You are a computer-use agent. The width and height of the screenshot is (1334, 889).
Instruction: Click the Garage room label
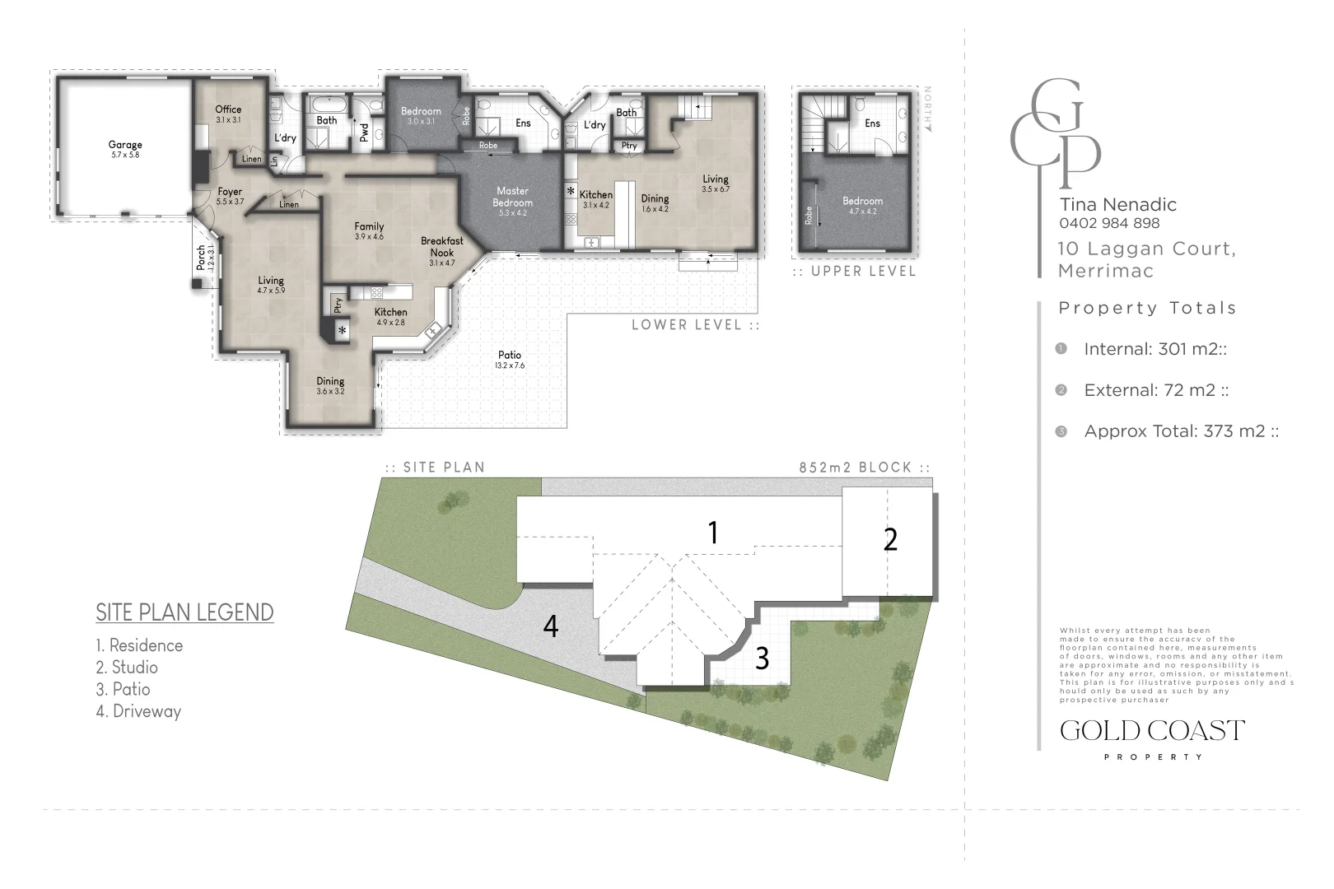[125, 146]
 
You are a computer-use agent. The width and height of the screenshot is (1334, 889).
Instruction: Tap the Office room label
[228, 109]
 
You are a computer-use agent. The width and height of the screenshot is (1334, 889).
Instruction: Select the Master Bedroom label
[512, 197]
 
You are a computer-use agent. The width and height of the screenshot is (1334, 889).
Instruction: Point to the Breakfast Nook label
[441, 247]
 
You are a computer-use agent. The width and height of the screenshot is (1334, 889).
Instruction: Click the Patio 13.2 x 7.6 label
[509, 356]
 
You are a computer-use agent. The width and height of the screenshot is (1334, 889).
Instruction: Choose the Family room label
[369, 227]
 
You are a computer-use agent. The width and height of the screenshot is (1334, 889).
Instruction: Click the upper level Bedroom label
[862, 202]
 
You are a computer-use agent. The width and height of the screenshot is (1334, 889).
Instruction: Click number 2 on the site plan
[890, 540]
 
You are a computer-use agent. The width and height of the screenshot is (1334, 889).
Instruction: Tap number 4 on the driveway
[551, 626]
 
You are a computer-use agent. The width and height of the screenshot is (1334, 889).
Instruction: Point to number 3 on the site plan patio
[763, 659]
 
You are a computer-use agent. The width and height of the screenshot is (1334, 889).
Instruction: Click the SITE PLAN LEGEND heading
[184, 612]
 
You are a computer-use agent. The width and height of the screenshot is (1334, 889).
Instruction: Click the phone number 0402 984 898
[1109, 223]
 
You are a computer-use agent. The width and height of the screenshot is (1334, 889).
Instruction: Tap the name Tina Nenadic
[1117, 204]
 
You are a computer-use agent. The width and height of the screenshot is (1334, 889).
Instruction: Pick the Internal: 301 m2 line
[1154, 349]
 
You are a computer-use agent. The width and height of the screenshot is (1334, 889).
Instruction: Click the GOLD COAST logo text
[1152, 731]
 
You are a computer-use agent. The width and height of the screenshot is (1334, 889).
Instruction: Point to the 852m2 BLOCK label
[863, 468]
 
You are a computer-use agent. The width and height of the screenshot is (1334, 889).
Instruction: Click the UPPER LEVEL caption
[862, 272]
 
